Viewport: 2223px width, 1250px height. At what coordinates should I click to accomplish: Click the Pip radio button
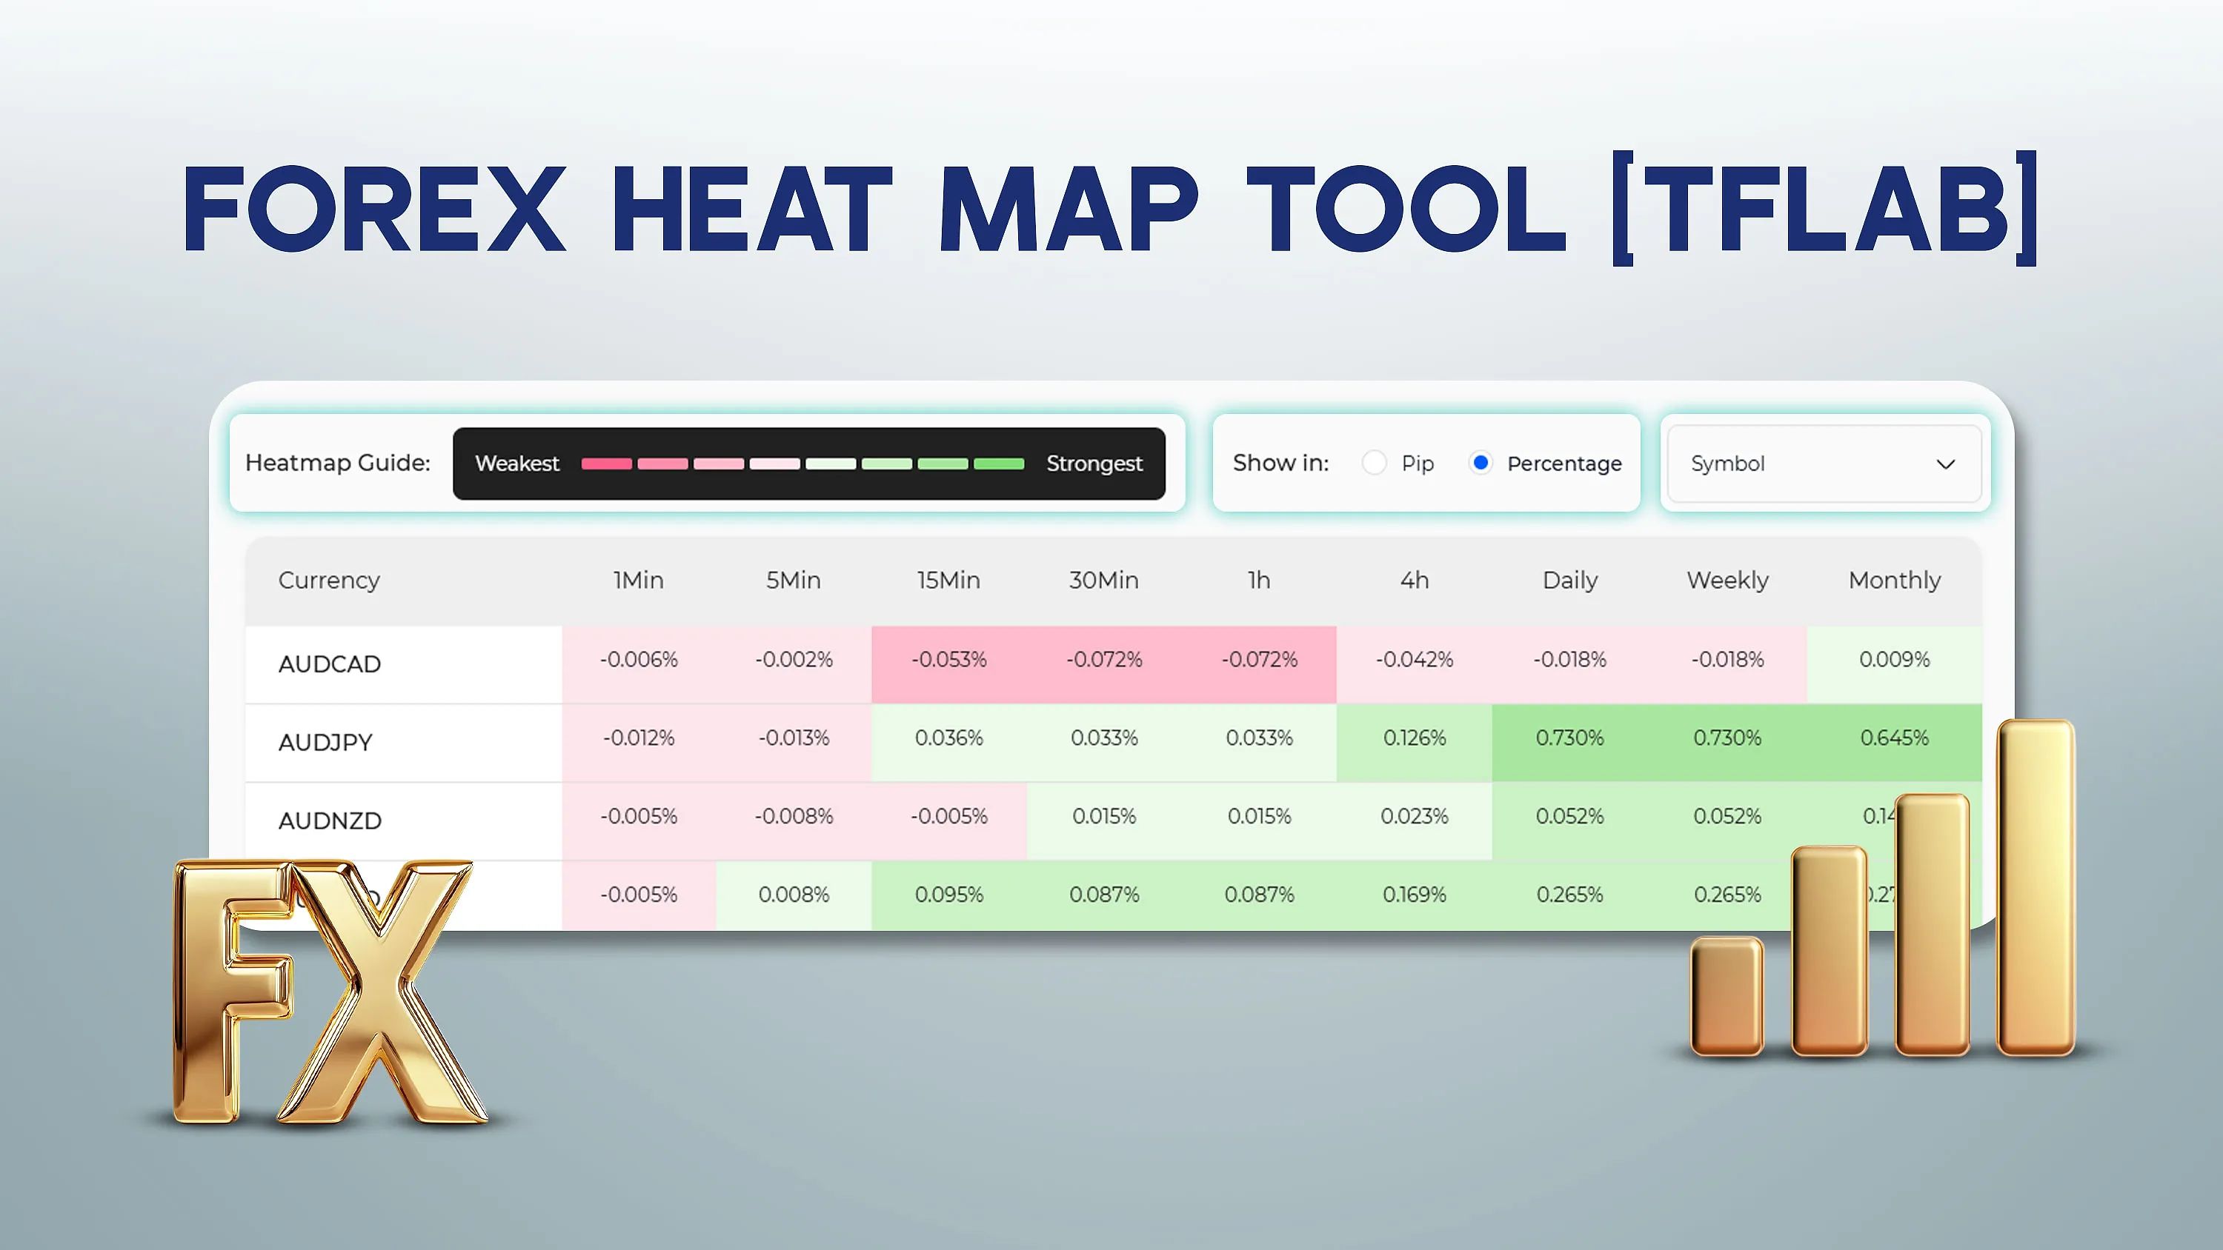pos(1374,464)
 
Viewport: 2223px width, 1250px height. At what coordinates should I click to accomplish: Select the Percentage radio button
pos(1480,464)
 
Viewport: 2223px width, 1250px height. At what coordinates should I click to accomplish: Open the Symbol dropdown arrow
pos(1945,464)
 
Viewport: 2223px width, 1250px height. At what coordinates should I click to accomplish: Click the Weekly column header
pos(1727,580)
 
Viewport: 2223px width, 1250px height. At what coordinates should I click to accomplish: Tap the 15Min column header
pos(948,580)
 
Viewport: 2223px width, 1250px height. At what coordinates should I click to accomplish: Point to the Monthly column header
pos(1893,580)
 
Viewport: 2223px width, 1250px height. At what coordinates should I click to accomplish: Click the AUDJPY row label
pos(325,742)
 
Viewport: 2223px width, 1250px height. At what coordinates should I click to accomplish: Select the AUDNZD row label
pos(330,820)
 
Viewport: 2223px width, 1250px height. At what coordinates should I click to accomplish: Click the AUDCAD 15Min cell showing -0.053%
pos(948,660)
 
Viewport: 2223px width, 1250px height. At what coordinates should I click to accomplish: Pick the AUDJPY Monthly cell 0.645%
pos(1893,738)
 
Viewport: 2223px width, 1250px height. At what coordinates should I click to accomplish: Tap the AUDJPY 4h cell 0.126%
pos(1414,738)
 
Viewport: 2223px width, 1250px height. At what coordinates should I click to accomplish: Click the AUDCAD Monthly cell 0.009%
pos(1893,660)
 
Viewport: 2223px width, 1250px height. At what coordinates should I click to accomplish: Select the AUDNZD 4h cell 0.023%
pos(1414,816)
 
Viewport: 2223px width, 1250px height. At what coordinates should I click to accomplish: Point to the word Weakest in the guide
pos(517,464)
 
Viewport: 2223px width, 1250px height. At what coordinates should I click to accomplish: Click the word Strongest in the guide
pos(1094,464)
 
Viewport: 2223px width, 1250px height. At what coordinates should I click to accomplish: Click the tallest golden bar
pos(2035,889)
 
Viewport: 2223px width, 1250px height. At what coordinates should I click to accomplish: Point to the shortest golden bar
pos(1726,997)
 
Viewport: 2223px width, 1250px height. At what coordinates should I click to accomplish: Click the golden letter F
pos(229,992)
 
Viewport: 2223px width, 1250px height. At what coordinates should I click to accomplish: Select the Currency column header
pos(329,580)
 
